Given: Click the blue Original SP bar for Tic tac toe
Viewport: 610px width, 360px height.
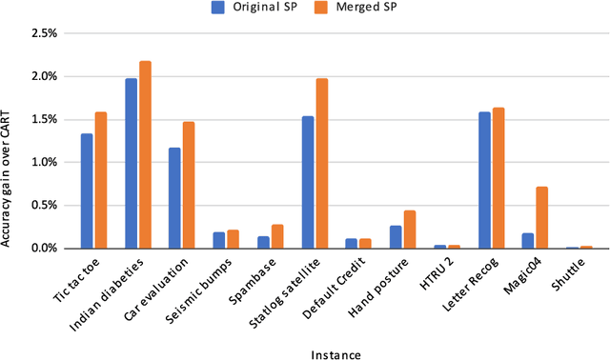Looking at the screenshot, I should pyautogui.click(x=87, y=190).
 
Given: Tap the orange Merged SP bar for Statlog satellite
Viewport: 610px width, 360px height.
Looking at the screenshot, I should pyautogui.click(x=321, y=163).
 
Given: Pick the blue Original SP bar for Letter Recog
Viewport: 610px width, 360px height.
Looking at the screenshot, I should pyautogui.click(x=484, y=180).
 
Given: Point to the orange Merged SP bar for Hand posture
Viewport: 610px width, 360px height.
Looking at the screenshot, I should pyautogui.click(x=409, y=230).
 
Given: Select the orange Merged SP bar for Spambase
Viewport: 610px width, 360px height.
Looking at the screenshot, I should pyautogui.click(x=277, y=236).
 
